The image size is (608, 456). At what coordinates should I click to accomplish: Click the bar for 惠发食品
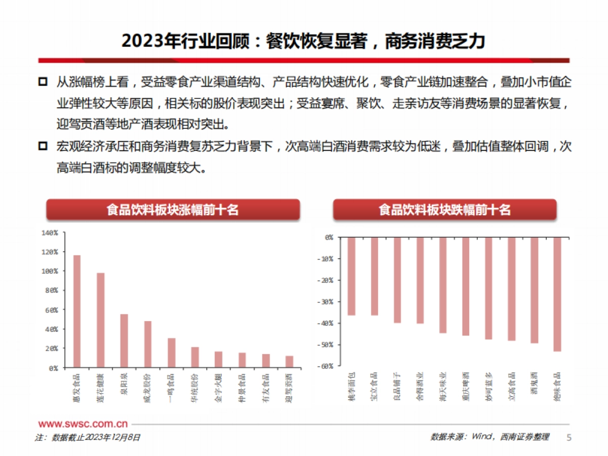(x=77, y=311)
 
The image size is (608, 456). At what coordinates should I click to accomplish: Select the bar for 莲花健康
(x=100, y=320)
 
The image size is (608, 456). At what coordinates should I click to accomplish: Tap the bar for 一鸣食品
(x=171, y=352)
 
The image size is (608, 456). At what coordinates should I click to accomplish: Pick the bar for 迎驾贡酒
(x=289, y=361)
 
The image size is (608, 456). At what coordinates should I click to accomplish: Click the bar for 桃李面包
(x=352, y=276)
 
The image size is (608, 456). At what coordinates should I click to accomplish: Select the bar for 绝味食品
(x=557, y=294)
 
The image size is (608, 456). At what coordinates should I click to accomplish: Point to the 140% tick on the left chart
(x=50, y=233)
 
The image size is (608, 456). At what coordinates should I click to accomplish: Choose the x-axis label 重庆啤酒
(x=466, y=385)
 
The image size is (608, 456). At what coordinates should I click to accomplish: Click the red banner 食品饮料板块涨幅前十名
(x=173, y=210)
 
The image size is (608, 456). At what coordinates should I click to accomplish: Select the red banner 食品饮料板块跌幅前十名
(x=444, y=210)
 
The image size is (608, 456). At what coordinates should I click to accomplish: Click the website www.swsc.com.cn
(x=83, y=424)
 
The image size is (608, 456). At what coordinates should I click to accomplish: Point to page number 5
(x=568, y=437)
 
